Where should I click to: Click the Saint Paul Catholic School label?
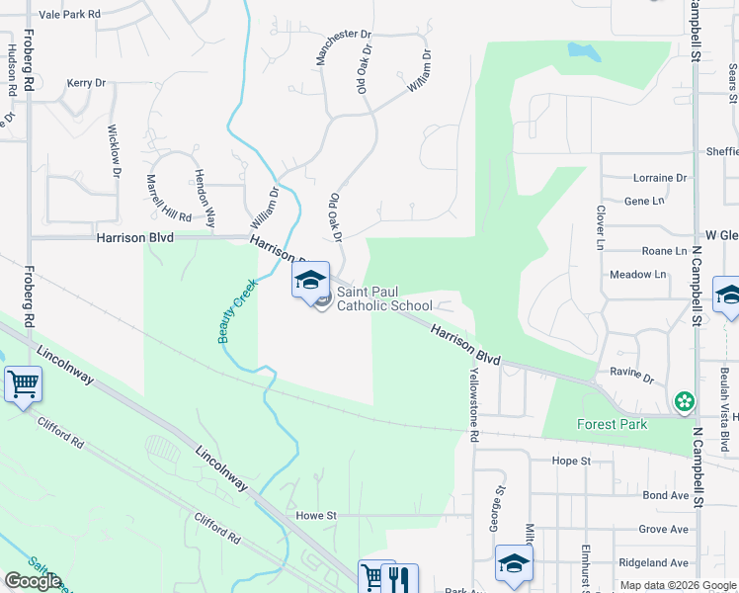point(384,298)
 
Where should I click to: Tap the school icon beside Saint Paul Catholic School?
point(310,281)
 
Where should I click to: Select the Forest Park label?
point(613,425)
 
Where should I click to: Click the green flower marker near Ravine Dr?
point(684,401)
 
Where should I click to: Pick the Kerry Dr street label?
point(86,84)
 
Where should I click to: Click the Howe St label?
point(316,516)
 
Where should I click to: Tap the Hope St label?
point(571,461)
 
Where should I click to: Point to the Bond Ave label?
point(665,495)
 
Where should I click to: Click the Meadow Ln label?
point(637,275)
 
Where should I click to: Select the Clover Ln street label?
point(600,227)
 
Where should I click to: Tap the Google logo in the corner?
point(33,581)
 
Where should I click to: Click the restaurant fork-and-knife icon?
point(399,578)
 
